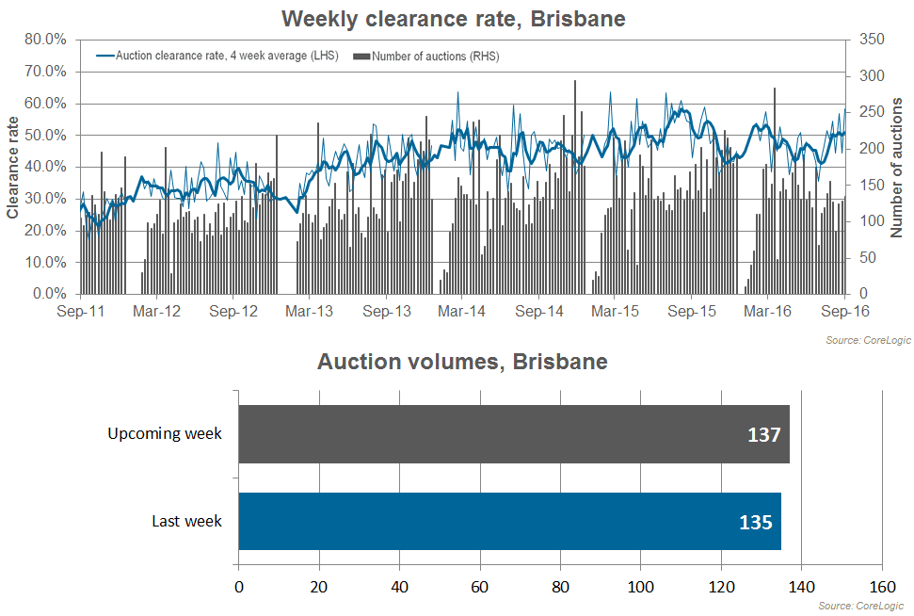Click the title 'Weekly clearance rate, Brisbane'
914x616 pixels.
pos(453,18)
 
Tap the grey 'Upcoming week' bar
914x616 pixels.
pos(513,434)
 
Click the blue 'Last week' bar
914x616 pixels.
pos(509,521)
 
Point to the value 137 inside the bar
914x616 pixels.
pos(763,436)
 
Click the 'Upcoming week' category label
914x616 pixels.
pos(165,434)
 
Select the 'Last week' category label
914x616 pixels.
pos(186,521)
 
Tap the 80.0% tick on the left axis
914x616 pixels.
pos(45,40)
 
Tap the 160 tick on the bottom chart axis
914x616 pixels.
pos(881,585)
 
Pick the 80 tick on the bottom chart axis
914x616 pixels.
pos(560,585)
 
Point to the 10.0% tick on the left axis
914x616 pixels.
pos(45,263)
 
